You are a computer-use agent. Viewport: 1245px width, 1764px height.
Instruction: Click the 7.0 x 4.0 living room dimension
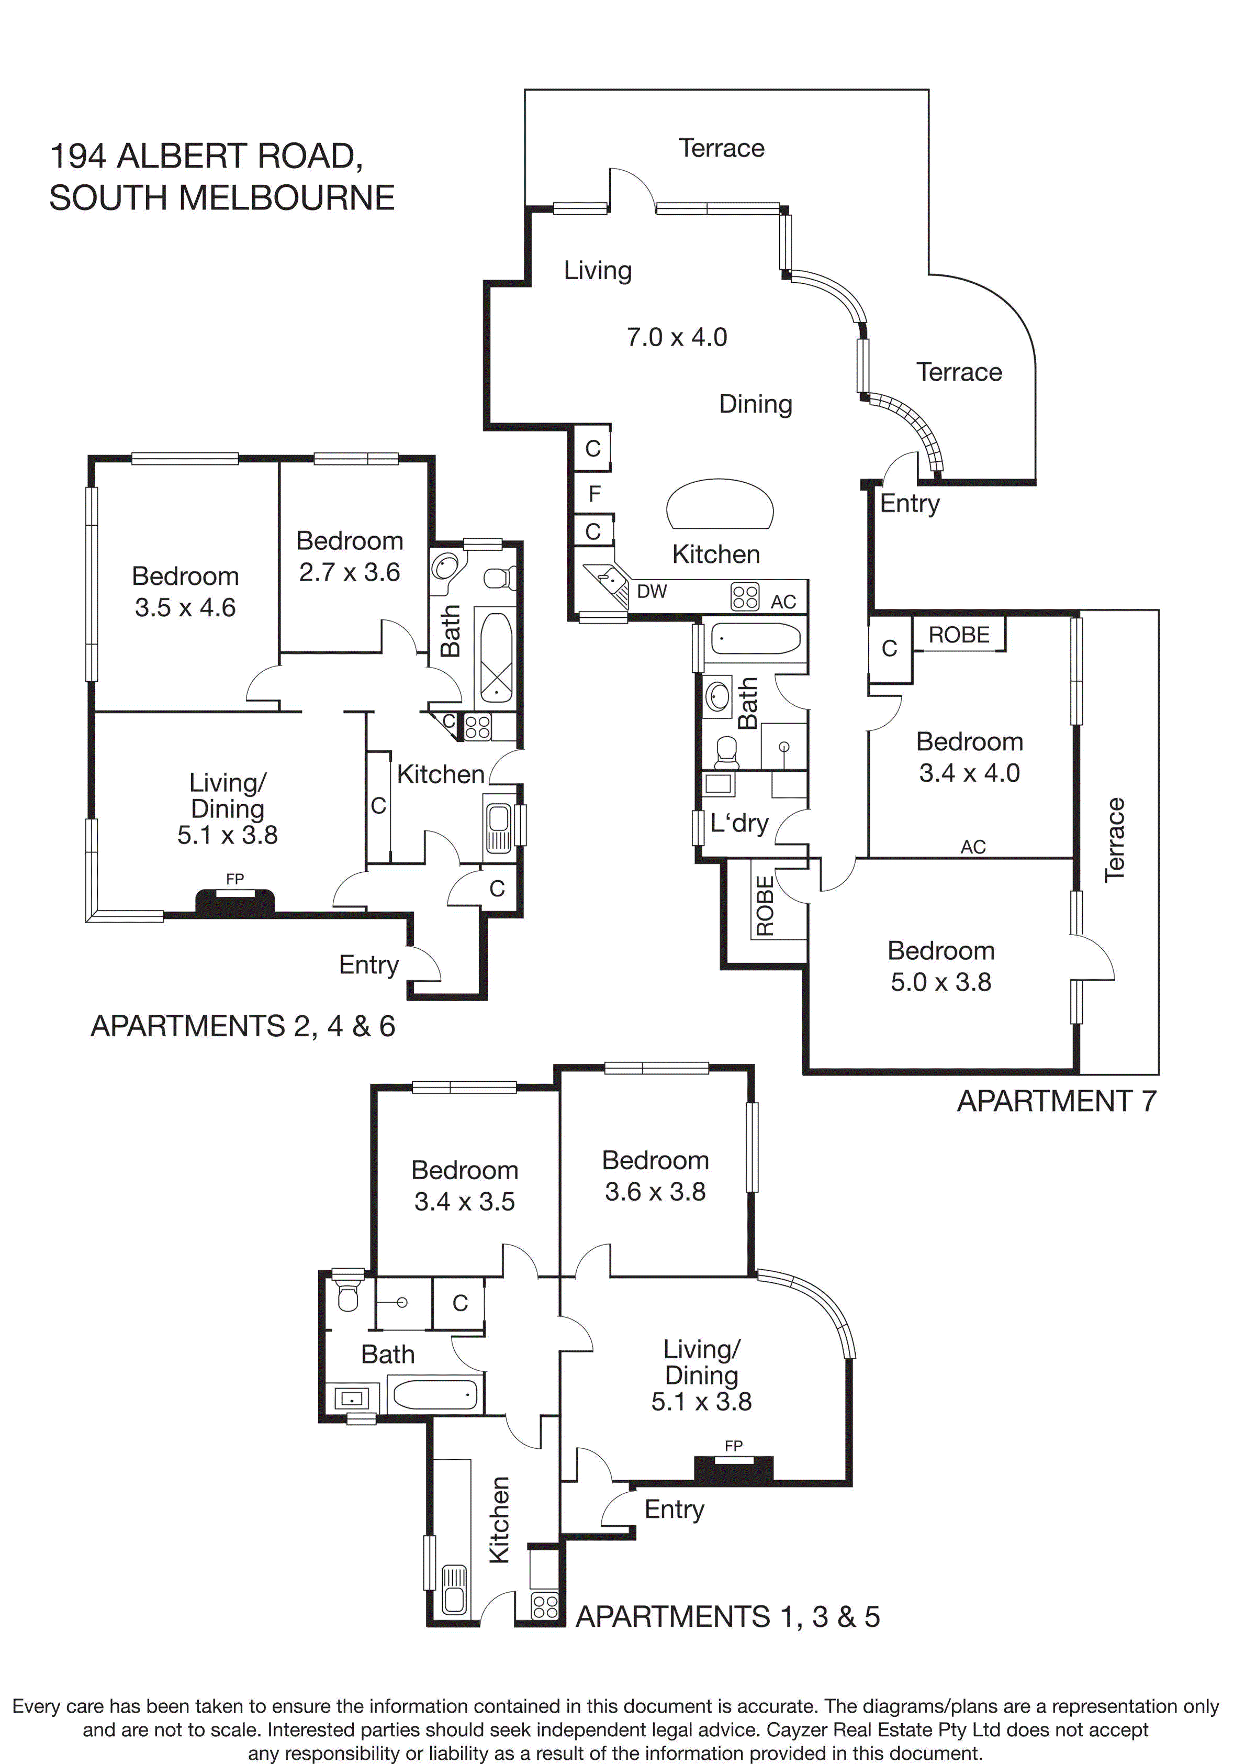pyautogui.click(x=677, y=337)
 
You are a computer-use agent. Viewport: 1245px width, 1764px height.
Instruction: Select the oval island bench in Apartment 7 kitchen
pyautogui.click(x=720, y=504)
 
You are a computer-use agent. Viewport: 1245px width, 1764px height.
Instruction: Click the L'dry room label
pyautogui.click(x=739, y=823)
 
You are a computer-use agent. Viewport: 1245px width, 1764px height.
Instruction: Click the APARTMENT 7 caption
pyautogui.click(x=1056, y=1101)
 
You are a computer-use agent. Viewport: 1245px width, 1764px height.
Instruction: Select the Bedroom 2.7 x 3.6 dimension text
pyautogui.click(x=350, y=572)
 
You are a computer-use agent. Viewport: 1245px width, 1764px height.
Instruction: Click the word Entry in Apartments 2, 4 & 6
pyautogui.click(x=368, y=964)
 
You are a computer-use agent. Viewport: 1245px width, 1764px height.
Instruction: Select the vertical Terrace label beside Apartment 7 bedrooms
pyautogui.click(x=1115, y=840)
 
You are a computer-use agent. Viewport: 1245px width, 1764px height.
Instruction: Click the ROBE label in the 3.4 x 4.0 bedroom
pyautogui.click(x=959, y=635)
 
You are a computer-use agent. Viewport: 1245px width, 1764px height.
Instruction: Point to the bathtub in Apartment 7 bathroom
pyautogui.click(x=756, y=638)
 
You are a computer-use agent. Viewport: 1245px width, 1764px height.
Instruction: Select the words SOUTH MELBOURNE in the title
pyautogui.click(x=222, y=198)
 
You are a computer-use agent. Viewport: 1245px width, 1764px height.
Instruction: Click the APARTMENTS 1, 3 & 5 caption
pyautogui.click(x=727, y=1616)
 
